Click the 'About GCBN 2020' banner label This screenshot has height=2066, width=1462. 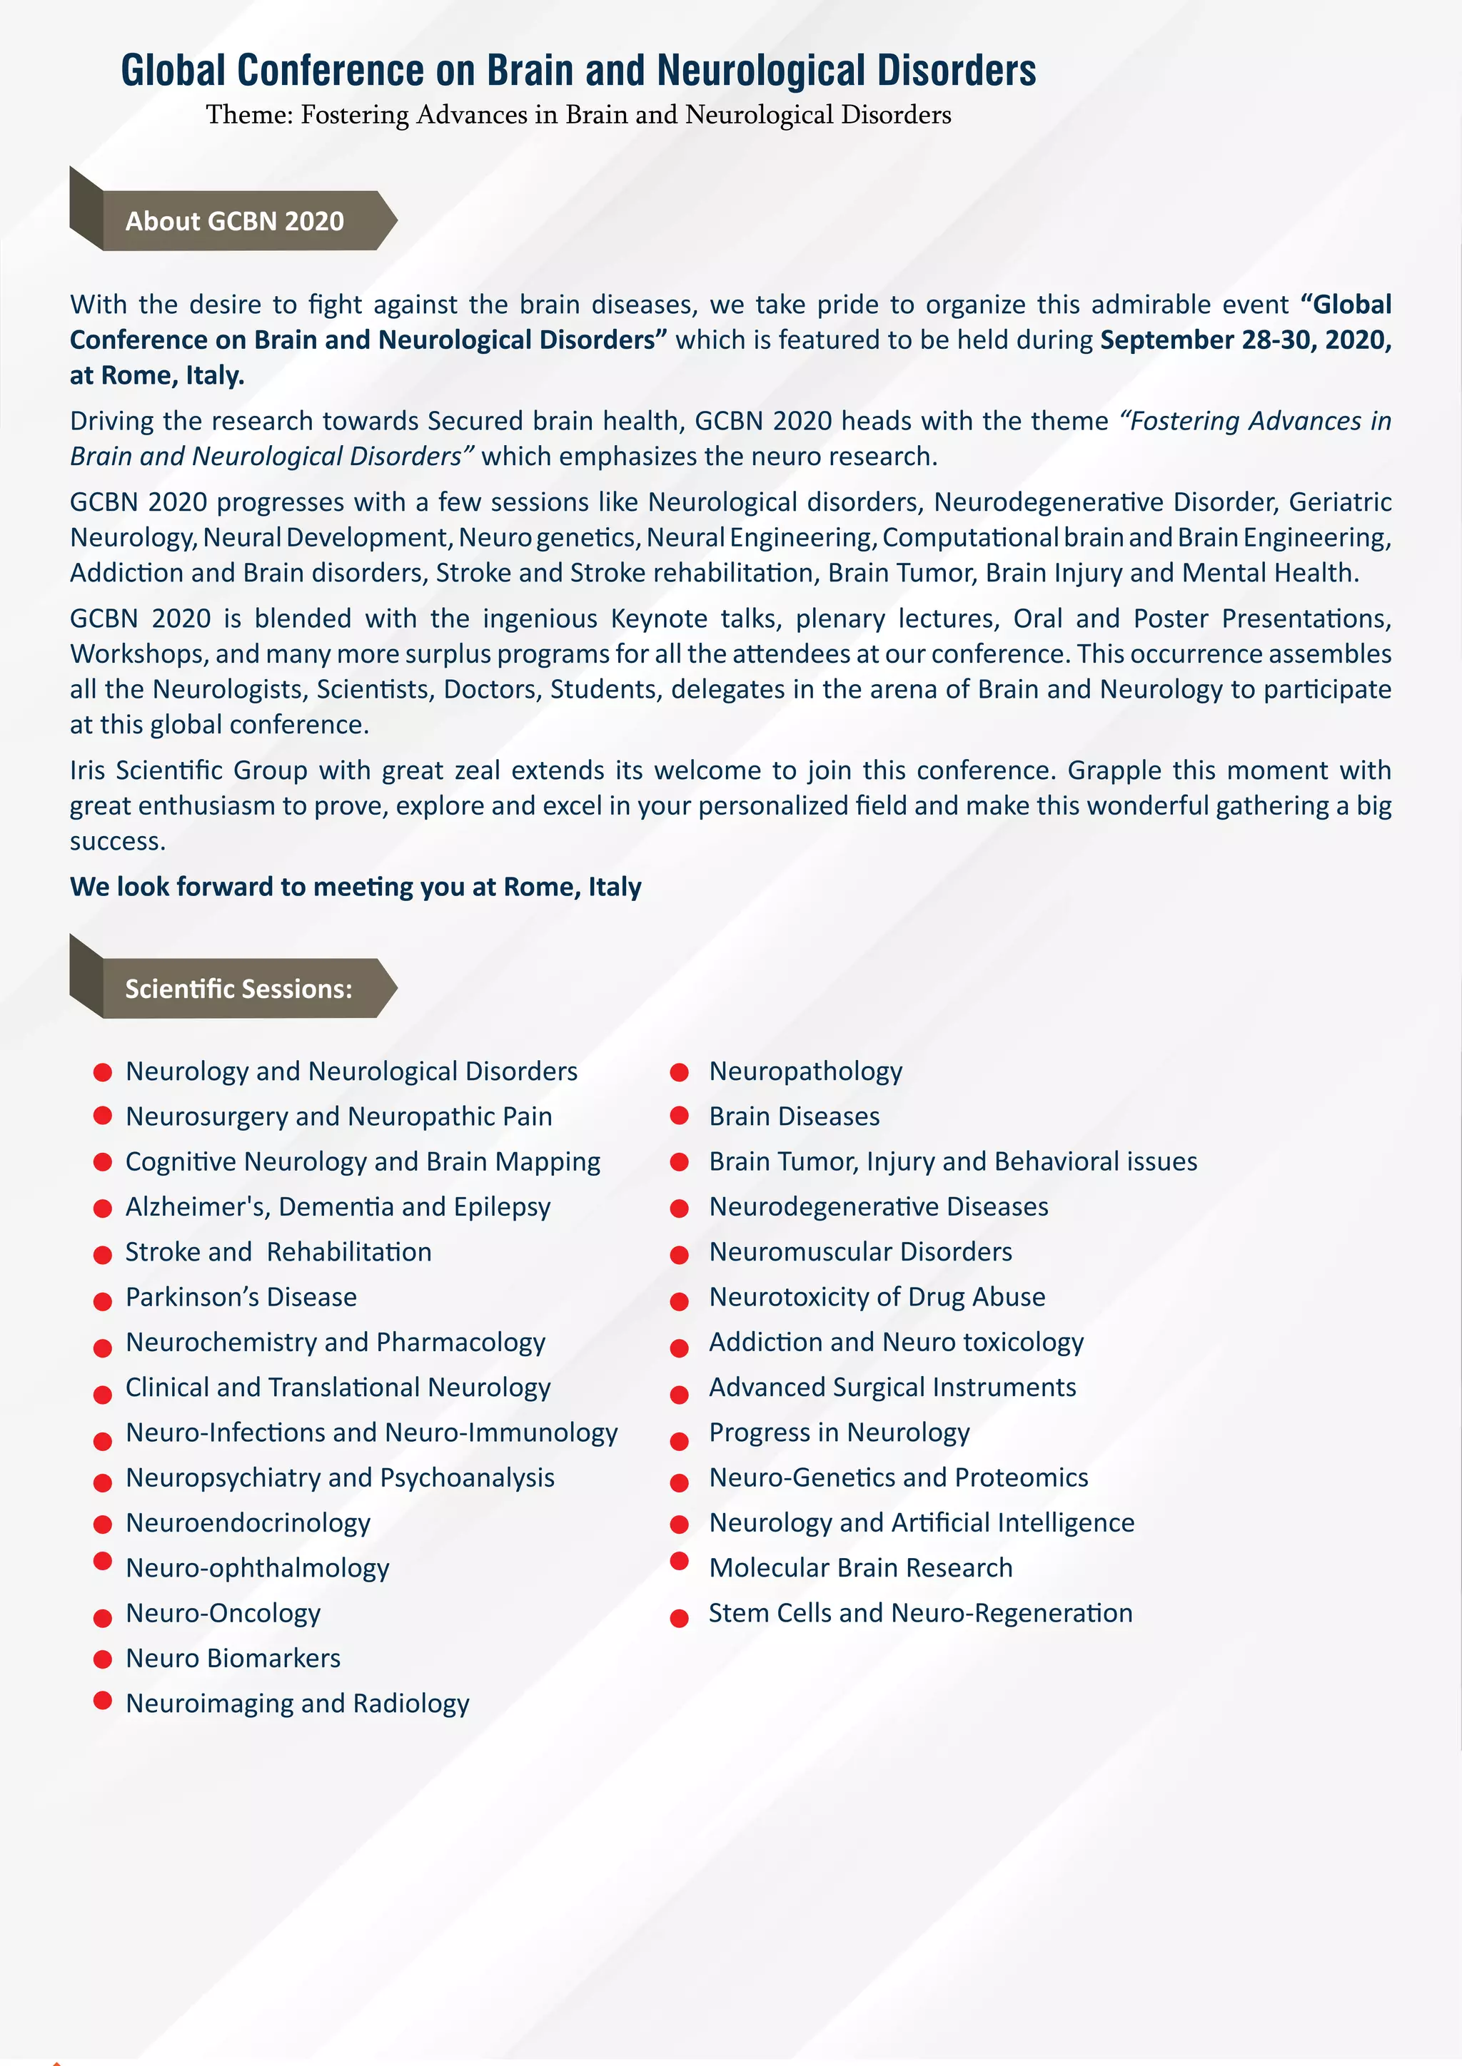234,221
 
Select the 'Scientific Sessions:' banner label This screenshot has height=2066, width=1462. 238,989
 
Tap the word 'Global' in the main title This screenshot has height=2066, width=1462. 173,71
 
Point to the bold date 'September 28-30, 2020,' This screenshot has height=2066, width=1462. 1245,340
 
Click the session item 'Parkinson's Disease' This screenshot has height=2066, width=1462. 241,1297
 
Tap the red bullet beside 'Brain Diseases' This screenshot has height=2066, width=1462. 680,1116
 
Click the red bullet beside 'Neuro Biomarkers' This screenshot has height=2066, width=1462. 103,1659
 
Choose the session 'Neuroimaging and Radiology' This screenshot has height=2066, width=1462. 297,1704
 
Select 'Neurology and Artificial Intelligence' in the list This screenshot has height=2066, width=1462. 921,1522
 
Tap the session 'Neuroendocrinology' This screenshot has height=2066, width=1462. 248,1522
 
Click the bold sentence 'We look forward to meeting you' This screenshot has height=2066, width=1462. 356,887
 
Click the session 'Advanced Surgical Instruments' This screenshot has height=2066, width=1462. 892,1387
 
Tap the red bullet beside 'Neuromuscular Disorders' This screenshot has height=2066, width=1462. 680,1253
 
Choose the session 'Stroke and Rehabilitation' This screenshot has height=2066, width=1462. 278,1252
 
